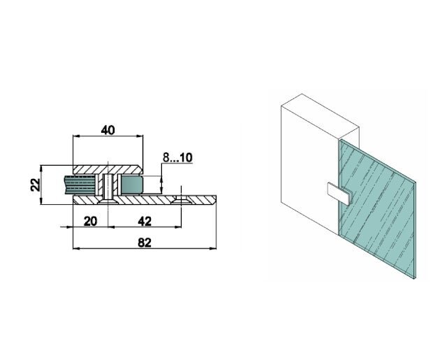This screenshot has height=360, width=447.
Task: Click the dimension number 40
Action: [108, 129]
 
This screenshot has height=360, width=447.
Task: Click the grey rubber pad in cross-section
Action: [131, 185]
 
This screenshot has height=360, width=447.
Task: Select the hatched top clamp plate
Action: [108, 170]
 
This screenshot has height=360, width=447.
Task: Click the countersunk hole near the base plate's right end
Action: [181, 201]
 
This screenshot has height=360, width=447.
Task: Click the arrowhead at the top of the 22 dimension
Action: [43, 168]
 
